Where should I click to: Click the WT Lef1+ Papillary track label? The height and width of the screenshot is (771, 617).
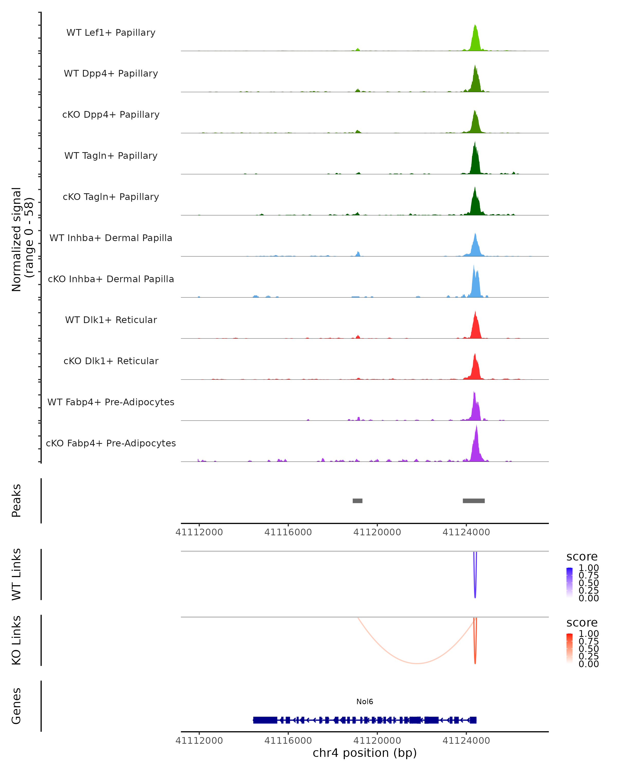click(x=111, y=33)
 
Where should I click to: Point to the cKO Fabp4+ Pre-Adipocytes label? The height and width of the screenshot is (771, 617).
click(x=111, y=443)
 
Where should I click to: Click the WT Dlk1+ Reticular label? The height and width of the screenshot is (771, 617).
click(x=111, y=320)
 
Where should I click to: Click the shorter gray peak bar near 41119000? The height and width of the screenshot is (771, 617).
click(x=357, y=501)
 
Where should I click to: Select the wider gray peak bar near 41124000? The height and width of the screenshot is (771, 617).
click(x=474, y=501)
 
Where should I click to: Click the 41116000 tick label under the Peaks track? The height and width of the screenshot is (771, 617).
click(x=288, y=532)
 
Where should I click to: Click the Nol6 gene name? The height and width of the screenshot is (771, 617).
click(x=365, y=702)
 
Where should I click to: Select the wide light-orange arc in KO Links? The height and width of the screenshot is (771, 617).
click(x=417, y=663)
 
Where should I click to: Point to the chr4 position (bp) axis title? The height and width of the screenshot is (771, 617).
click(x=365, y=753)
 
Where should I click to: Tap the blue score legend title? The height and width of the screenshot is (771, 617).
click(x=582, y=556)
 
